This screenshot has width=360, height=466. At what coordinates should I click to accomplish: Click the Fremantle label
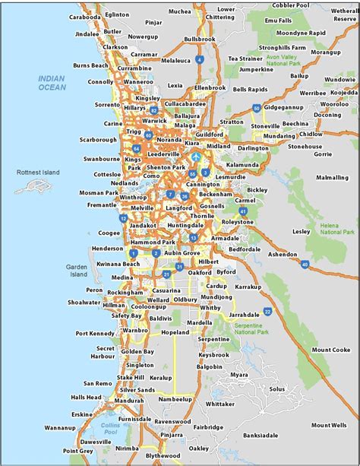(x=102, y=205)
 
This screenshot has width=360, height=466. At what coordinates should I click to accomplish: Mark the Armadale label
(x=225, y=238)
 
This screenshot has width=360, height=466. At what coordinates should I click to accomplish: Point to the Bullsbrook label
(x=200, y=38)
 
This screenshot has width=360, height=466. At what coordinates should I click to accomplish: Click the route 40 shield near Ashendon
(x=305, y=265)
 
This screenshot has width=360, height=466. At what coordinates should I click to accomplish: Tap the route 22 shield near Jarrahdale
(x=267, y=311)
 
